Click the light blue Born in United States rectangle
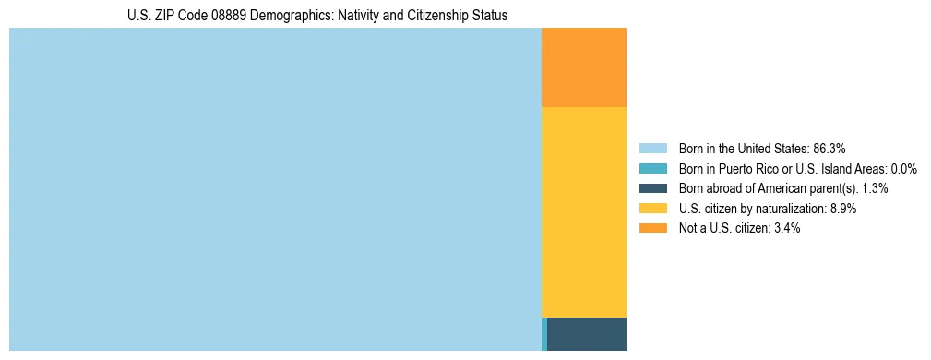tap(275, 189)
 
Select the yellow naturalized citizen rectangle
tap(584, 212)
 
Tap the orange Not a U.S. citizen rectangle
tap(584, 67)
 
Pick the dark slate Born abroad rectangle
tap(587, 333)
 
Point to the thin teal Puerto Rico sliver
tap(544, 333)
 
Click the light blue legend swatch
tap(652, 149)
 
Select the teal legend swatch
tap(652, 169)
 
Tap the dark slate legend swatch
tap(652, 188)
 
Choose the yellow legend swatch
tap(652, 209)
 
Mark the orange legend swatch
tap(652, 229)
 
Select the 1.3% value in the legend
tap(876, 188)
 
